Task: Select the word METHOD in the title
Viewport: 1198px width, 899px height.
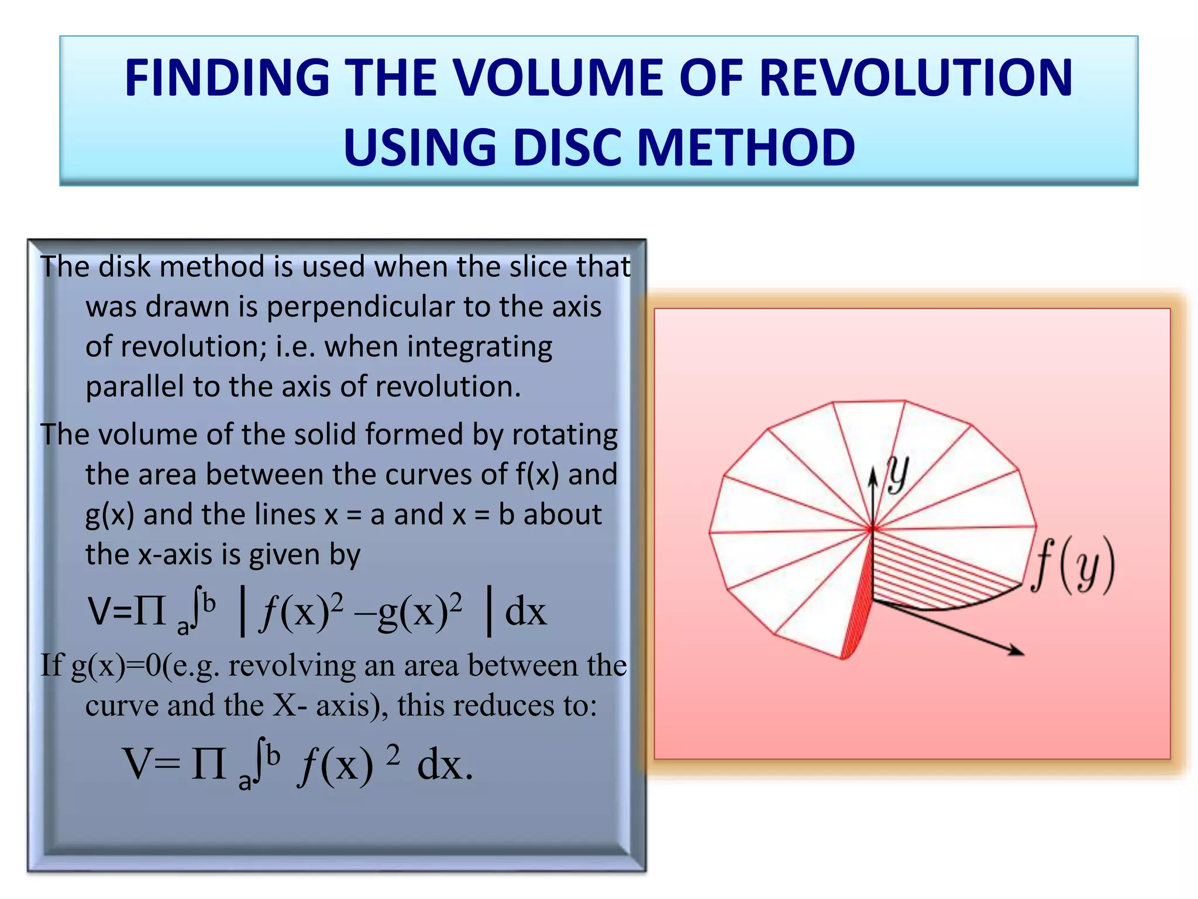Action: pyautogui.click(x=746, y=147)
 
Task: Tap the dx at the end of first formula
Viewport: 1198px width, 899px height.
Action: pyautogui.click(x=525, y=612)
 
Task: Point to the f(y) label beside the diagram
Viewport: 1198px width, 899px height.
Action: pyautogui.click(x=1073, y=565)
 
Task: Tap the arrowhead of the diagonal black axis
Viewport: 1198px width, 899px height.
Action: pyautogui.click(x=1017, y=651)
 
